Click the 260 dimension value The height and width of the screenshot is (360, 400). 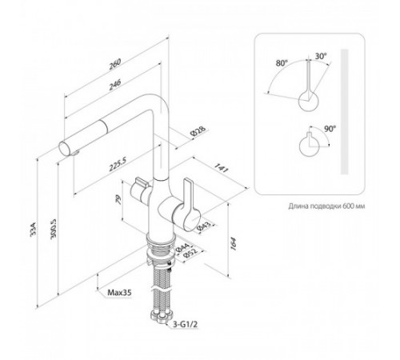pos(115,64)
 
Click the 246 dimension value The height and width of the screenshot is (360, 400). pos(115,85)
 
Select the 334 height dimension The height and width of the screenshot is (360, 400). pos(33,229)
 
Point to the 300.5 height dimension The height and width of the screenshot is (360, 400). pos(53,229)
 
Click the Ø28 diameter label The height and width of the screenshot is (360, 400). pos(198,132)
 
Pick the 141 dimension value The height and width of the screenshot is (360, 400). pos(222,168)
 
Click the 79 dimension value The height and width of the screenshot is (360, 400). pos(118,200)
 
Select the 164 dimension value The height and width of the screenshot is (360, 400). pos(233,243)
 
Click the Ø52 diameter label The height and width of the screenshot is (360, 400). pos(190,253)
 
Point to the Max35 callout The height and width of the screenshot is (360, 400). pos(119,293)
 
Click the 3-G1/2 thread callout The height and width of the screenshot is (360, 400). pos(185,324)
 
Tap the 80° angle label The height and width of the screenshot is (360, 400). pos(282,63)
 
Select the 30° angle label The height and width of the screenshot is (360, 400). pos(321,56)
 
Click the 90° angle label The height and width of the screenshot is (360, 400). pos(330,129)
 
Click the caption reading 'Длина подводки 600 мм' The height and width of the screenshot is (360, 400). pos(326,206)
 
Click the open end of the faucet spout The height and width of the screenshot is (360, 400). pos(64,149)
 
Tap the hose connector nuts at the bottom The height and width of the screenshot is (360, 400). pos(160,316)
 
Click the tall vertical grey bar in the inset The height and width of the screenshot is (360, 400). pos(345,111)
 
